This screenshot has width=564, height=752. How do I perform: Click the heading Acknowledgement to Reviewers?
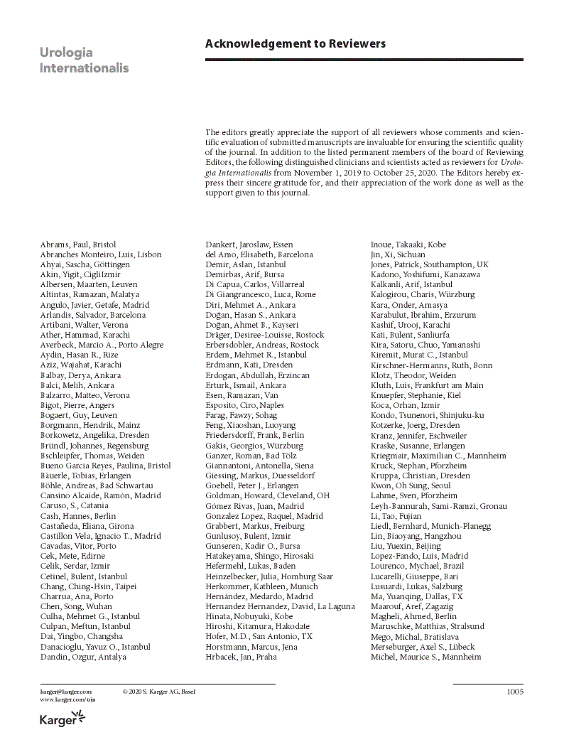[295, 44]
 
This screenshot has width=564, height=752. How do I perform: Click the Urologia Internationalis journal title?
[85, 60]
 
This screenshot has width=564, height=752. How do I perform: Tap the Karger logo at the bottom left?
[63, 720]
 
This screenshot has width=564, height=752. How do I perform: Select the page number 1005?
[514, 692]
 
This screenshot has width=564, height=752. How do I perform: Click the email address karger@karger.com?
[66, 692]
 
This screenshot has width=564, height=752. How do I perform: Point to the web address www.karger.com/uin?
[67, 699]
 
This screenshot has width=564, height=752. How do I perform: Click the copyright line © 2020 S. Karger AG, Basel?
[159, 692]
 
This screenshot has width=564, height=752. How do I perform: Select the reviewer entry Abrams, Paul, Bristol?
[78, 245]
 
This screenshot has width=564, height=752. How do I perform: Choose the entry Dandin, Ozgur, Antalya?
[83, 657]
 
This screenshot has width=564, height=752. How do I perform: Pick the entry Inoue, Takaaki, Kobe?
[408, 245]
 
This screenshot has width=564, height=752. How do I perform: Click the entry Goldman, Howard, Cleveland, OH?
[268, 495]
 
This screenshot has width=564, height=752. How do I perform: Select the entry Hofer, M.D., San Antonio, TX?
[259, 636]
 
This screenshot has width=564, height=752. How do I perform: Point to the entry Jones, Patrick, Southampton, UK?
[430, 264]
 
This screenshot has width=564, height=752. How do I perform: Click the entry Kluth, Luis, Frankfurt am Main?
[427, 385]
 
